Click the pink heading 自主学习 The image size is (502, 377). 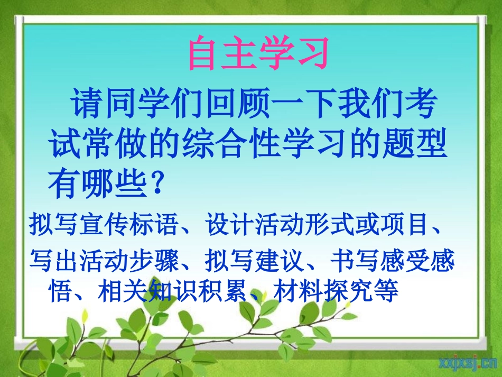[258, 53]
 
